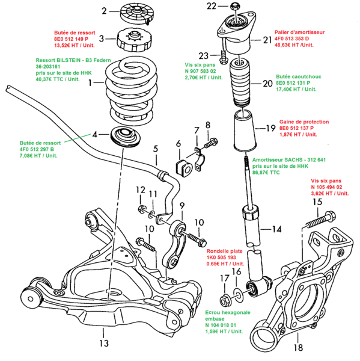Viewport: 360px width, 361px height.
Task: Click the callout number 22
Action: coord(212,6)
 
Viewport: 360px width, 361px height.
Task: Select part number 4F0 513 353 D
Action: coord(291,39)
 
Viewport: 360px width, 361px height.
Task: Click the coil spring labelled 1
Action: coord(131,90)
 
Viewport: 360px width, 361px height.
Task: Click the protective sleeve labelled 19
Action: coord(245,130)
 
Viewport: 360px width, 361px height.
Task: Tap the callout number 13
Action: coord(104,344)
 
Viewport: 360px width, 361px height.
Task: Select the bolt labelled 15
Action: coord(321,220)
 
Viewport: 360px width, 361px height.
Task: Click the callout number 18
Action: coord(298,347)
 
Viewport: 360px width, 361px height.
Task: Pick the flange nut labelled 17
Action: coord(225,300)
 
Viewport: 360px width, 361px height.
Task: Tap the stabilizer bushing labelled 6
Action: coord(184,168)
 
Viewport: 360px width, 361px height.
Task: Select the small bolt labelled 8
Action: coord(210,143)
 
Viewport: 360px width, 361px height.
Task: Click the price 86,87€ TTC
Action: coord(266,173)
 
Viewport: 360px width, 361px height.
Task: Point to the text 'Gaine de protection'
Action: coord(304,122)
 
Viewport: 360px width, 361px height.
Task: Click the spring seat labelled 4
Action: coord(126,137)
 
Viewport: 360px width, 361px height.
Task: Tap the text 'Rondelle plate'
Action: coord(224,251)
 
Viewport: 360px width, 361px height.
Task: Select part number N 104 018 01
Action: coord(221,325)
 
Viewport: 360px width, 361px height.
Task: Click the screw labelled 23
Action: coord(224,57)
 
